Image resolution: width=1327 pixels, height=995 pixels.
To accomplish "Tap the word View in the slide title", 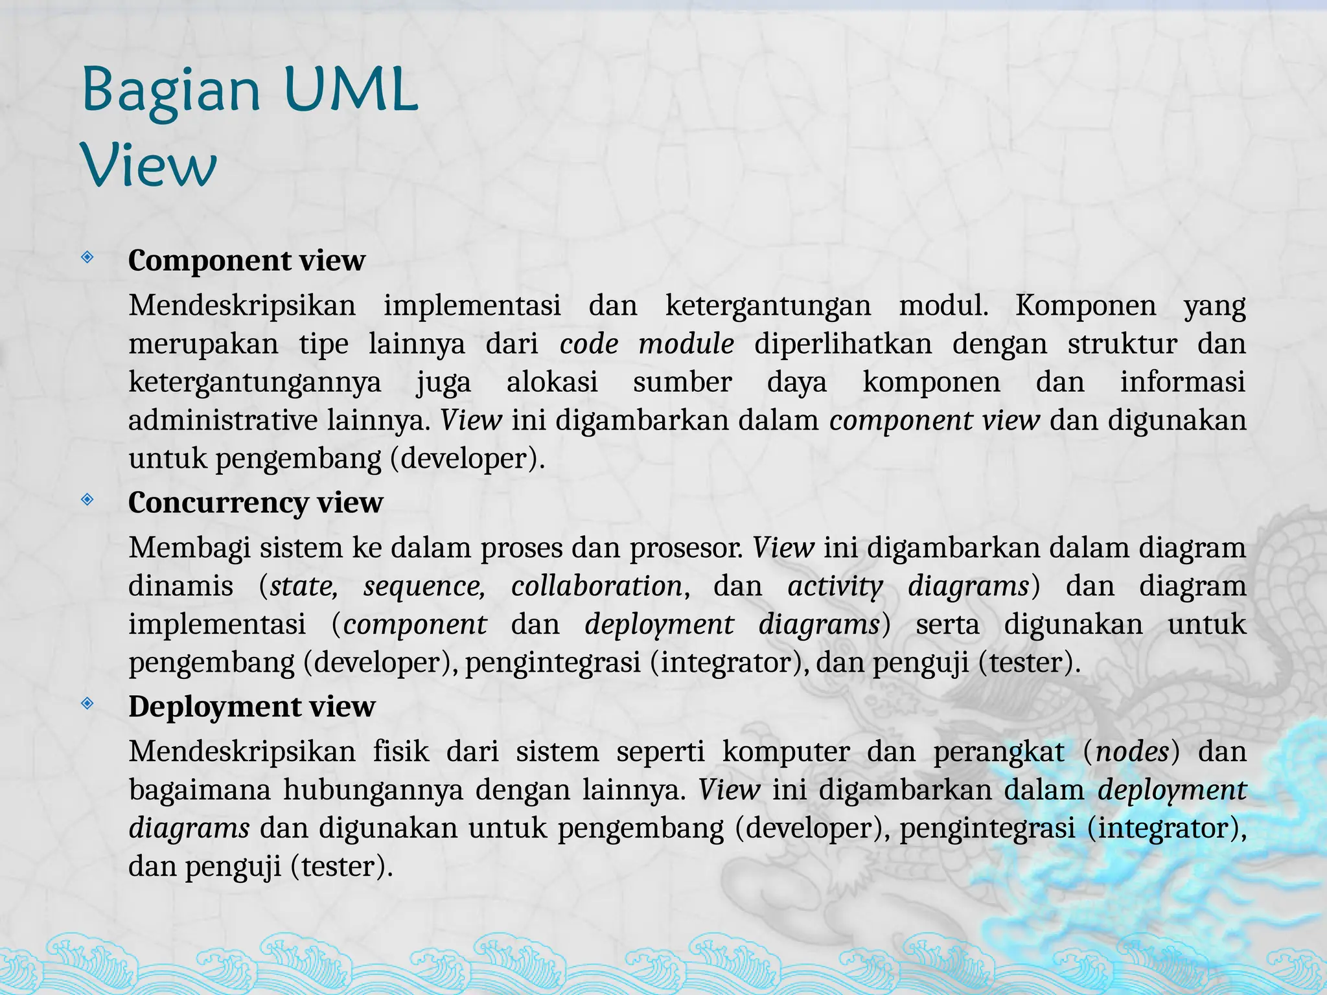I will coord(149,166).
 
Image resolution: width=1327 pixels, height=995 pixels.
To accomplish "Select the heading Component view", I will coord(246,260).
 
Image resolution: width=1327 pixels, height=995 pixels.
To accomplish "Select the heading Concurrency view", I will coord(255,503).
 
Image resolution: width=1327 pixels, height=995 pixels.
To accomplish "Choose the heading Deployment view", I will coord(251,707).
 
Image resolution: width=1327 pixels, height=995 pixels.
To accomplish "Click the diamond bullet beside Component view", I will coord(87,258).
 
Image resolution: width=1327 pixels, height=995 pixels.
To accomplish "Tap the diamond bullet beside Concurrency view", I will coord(87,499).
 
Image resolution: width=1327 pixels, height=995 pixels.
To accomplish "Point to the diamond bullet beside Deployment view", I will coord(87,703).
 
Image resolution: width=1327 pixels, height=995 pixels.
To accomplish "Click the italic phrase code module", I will coord(646,343).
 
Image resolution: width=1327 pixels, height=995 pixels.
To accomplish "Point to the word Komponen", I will coord(1085,305).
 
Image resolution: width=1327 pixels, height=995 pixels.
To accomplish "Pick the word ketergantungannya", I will coord(255,382).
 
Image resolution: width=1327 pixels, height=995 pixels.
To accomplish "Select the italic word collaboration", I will coord(596,586).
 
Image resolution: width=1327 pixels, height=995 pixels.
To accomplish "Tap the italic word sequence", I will coord(424,586).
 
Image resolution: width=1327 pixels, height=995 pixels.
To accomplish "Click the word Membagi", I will coord(189,548).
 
